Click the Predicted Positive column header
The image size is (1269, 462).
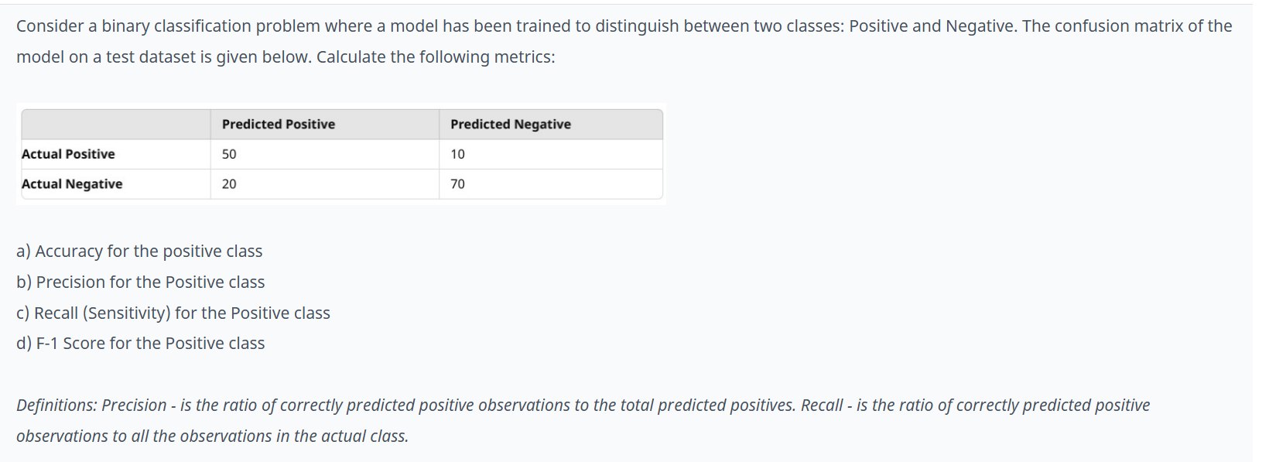279,124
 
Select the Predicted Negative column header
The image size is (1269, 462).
511,124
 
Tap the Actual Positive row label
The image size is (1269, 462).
68,154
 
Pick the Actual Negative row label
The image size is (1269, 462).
72,184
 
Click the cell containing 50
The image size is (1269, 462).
229,154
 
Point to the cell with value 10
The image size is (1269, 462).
458,154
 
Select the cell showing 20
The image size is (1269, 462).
229,184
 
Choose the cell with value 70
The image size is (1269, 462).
458,184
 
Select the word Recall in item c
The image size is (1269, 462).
56,313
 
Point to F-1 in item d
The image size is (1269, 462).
47,344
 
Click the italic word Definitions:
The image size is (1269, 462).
56,406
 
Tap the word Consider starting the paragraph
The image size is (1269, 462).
50,26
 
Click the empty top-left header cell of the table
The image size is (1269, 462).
116,124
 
